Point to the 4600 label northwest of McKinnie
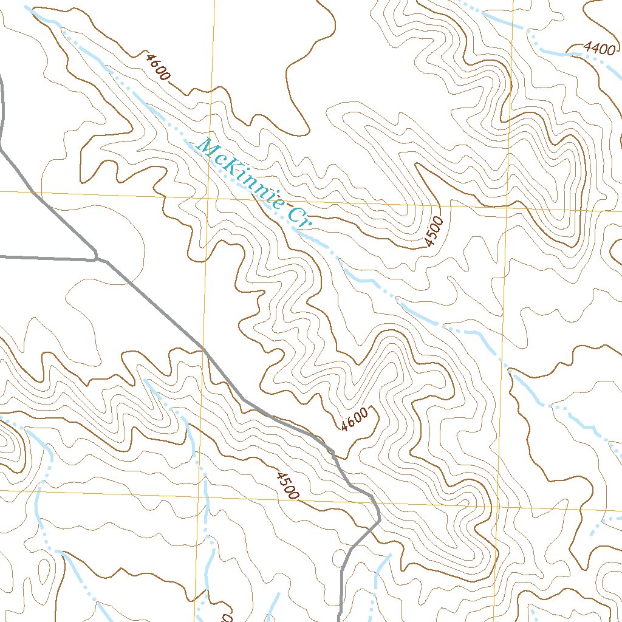(x=157, y=67)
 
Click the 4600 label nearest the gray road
(x=354, y=419)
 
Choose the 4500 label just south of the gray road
(x=286, y=485)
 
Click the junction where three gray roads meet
(x=97, y=259)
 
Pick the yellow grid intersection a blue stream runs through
(x=199, y=493)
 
